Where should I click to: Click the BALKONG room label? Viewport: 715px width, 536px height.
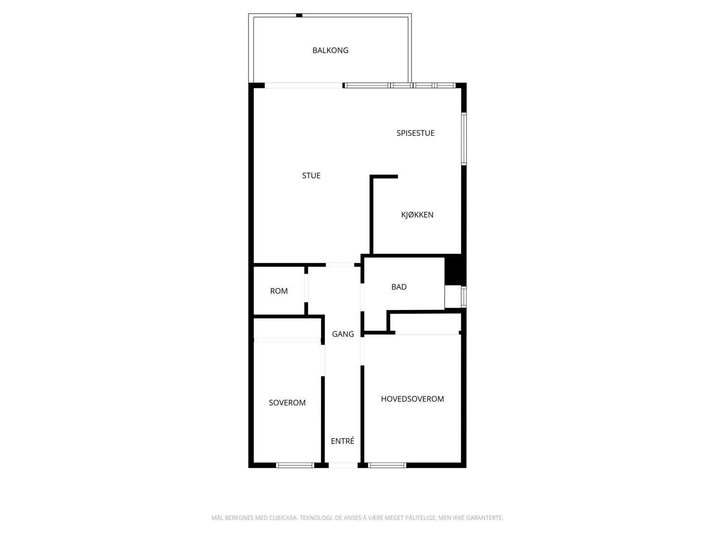(x=330, y=50)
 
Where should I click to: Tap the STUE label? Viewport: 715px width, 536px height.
(x=311, y=176)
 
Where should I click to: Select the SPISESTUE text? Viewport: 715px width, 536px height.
(x=415, y=133)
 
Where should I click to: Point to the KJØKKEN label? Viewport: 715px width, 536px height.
(x=417, y=215)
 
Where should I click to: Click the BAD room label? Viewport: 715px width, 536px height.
(x=399, y=287)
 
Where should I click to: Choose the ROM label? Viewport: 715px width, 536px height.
(x=279, y=291)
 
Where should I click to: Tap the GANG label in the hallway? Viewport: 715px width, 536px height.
(x=343, y=334)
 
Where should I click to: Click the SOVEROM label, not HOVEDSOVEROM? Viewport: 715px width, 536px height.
(x=287, y=403)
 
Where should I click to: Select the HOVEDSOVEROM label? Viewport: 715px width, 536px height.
(x=412, y=399)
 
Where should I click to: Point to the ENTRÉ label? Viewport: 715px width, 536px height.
(x=342, y=441)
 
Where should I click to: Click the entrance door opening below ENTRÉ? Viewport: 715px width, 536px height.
(x=343, y=465)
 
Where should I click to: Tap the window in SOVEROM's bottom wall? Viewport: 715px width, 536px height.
(x=295, y=465)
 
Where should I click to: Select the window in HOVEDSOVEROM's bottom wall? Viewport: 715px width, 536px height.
(x=387, y=465)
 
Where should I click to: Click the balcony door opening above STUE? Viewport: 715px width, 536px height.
(x=304, y=85)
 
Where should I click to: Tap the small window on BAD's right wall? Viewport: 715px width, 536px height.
(x=464, y=297)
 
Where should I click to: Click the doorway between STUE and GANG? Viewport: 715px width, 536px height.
(x=340, y=265)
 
